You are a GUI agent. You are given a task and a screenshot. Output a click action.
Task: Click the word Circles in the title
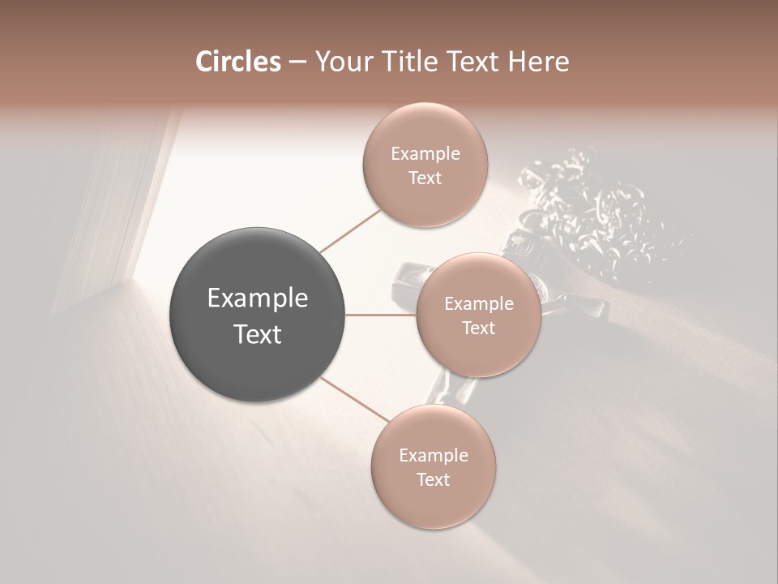click(237, 62)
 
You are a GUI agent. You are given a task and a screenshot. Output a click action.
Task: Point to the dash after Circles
click(297, 62)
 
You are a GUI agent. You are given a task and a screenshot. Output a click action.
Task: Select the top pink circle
click(425, 165)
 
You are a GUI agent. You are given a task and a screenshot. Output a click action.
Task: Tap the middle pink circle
click(478, 315)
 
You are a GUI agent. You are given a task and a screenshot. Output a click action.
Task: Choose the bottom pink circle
click(433, 466)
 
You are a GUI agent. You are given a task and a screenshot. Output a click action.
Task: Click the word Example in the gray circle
click(258, 298)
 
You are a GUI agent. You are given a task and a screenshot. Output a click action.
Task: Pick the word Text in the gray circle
click(258, 334)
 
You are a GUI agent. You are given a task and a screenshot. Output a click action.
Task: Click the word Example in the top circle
click(425, 153)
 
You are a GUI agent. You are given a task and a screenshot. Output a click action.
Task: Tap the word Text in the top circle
click(425, 178)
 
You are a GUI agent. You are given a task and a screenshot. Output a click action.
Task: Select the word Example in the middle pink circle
click(479, 303)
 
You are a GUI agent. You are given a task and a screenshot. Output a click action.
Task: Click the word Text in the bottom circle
click(434, 479)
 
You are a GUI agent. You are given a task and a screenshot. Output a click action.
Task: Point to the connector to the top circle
click(350, 230)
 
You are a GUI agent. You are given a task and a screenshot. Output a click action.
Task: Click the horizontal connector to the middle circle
click(381, 315)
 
